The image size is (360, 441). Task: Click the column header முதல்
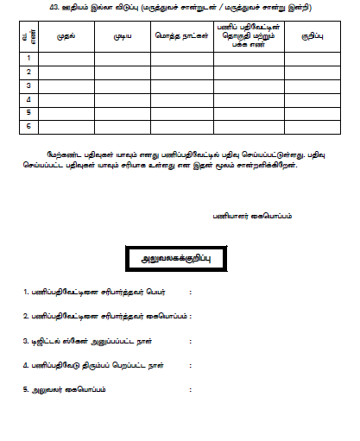(x=66, y=38)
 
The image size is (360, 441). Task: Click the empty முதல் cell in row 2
(x=66, y=72)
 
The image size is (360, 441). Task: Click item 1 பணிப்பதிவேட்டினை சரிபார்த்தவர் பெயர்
(x=99, y=293)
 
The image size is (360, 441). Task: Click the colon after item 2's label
(x=189, y=317)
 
